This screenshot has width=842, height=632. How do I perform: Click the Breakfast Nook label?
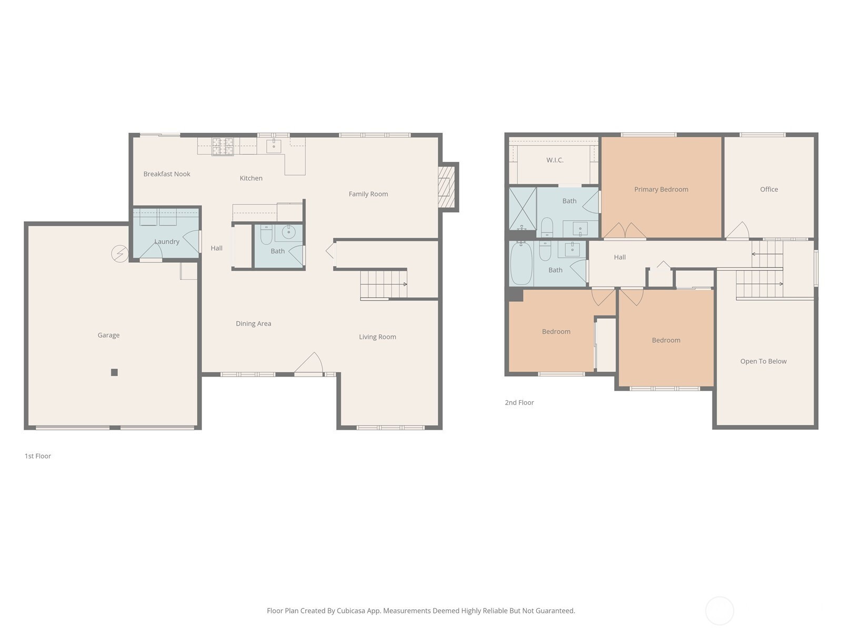point(166,174)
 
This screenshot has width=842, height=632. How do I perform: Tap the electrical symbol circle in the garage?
point(119,254)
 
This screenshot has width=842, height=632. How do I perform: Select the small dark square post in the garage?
point(114,372)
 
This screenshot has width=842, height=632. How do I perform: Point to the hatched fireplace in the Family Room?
point(446,187)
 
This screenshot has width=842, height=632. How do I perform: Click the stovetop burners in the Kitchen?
point(223,146)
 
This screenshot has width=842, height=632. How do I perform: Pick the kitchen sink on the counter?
point(274,146)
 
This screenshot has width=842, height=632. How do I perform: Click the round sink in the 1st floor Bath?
point(288,232)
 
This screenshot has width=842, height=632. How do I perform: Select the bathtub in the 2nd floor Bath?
point(521,263)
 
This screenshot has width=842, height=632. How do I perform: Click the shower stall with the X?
point(523,209)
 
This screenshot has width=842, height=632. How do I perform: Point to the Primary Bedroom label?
point(661,189)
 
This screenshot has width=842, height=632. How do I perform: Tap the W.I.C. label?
point(555,160)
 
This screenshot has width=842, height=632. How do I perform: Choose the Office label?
point(769,189)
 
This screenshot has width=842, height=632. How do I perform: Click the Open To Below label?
point(763,361)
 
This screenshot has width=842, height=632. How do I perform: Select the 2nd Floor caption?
point(519,402)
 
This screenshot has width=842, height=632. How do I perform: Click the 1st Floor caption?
point(37,456)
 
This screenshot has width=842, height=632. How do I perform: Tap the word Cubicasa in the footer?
point(351,610)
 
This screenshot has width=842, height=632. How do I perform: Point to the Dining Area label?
point(253,323)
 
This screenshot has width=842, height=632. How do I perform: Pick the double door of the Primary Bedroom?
point(625,230)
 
